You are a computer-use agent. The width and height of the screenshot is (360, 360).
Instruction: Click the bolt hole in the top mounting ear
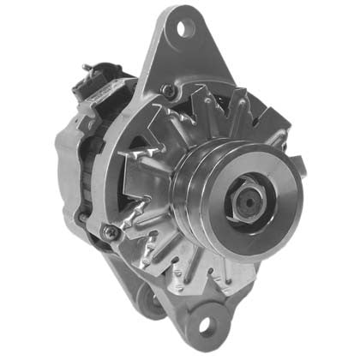pos(182,28)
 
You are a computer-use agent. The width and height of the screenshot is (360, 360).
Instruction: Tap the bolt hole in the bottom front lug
pos(207,326)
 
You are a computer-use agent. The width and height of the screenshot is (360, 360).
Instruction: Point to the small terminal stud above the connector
pos(87,68)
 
